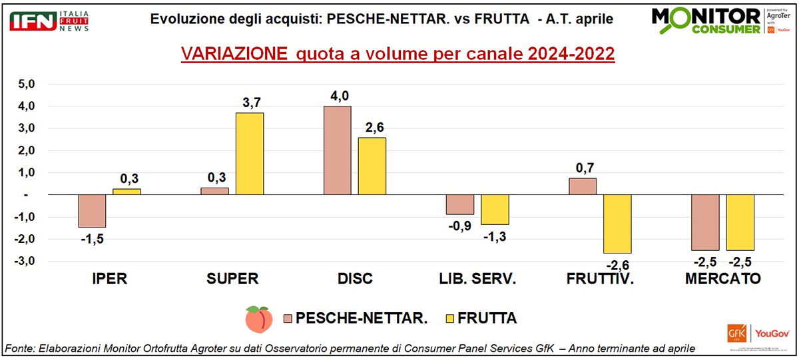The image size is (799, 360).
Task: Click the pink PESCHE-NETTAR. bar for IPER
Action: coord(92,211)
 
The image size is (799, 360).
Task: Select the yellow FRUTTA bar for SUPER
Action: coord(250,154)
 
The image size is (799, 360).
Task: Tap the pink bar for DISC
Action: coord(337,150)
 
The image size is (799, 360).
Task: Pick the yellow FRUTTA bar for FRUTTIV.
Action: coord(617,224)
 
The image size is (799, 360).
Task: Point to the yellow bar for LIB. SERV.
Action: coord(495,210)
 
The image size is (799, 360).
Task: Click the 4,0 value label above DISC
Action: coord(338,96)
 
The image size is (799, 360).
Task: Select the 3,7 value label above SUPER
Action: coord(250,103)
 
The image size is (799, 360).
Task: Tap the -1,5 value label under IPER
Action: coord(91,238)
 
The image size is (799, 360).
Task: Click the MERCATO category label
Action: coord(722,279)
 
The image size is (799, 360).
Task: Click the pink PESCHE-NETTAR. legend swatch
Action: coord(288,319)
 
